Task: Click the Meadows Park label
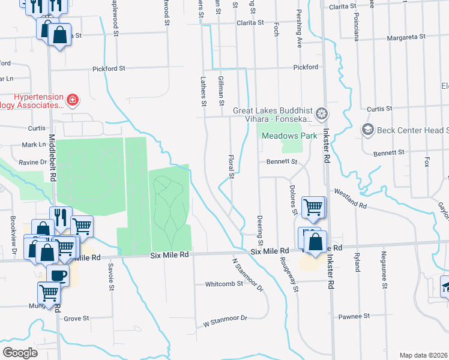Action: click(x=289, y=136)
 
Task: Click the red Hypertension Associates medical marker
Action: click(x=72, y=100)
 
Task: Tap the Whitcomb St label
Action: click(x=223, y=284)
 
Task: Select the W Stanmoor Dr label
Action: click(x=225, y=319)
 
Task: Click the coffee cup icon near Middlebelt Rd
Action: click(x=58, y=275)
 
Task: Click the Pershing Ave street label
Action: click(x=298, y=37)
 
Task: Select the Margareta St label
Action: click(x=405, y=37)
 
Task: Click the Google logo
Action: click(x=20, y=352)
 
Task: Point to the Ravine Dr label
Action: click(x=35, y=162)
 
